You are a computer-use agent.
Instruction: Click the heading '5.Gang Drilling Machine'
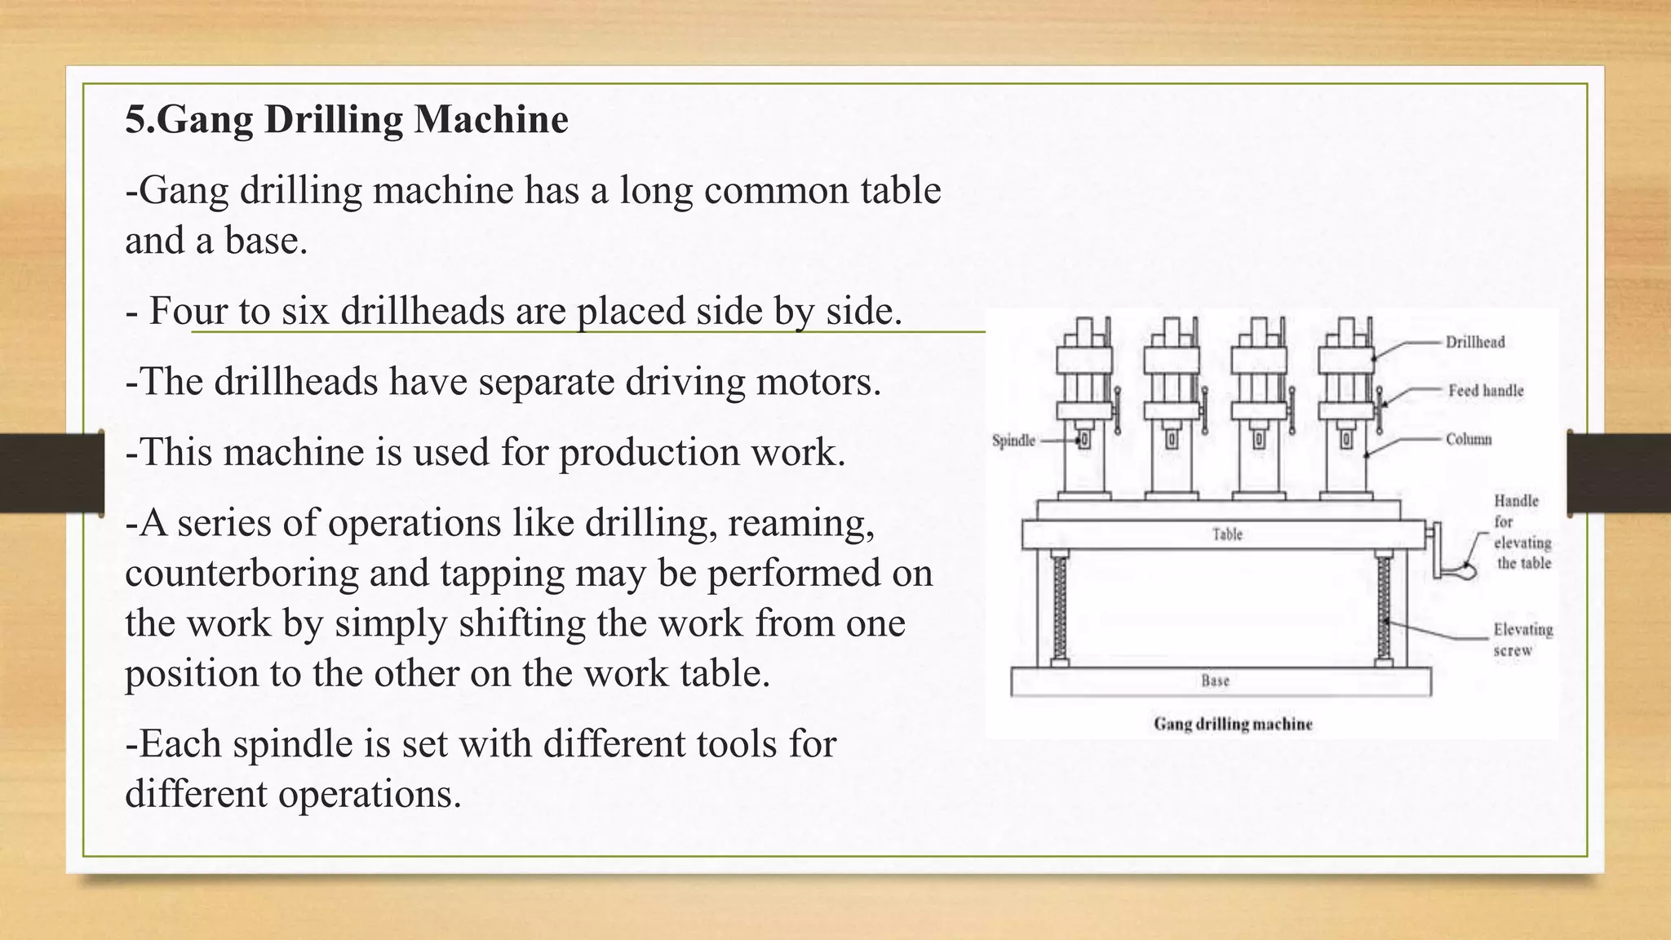click(347, 120)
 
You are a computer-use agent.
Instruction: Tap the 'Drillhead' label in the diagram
click(1475, 342)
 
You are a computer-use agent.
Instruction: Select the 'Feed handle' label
click(1486, 391)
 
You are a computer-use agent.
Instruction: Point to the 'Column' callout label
click(1469, 439)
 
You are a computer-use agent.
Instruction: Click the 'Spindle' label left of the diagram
click(1013, 441)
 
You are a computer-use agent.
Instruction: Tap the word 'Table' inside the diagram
click(1227, 534)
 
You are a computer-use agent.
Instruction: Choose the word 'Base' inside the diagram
click(1215, 681)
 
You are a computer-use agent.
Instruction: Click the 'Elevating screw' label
click(1523, 640)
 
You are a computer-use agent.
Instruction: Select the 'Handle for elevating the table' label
click(1522, 532)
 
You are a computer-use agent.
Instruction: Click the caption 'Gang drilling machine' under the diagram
click(1233, 724)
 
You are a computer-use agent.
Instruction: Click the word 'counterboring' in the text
click(242, 574)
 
